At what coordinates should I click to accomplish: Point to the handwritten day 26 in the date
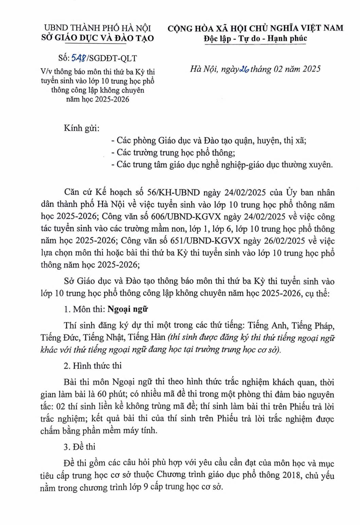[x=244, y=69]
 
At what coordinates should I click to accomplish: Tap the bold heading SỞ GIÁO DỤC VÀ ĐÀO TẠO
[x=97, y=38]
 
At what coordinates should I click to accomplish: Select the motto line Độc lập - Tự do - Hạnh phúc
[x=255, y=38]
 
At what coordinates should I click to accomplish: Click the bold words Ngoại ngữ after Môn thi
[x=128, y=309]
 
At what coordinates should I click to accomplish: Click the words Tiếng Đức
[x=60, y=337]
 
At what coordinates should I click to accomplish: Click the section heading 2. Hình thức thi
[x=92, y=366]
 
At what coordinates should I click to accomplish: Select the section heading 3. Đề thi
[x=79, y=447]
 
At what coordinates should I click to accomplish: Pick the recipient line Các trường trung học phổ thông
[x=175, y=152]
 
